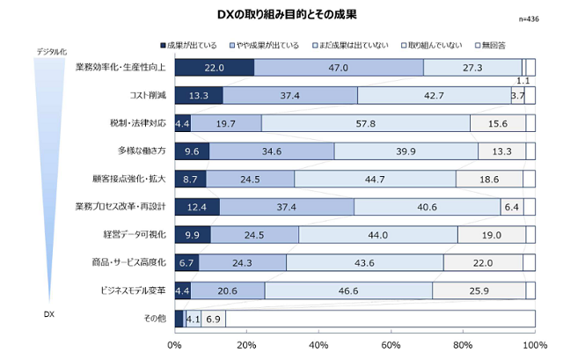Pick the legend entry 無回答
click(493, 44)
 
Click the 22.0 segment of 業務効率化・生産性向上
click(215, 67)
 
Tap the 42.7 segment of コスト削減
click(435, 95)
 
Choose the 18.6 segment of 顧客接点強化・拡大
click(489, 180)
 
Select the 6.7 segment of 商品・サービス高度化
click(186, 263)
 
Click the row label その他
click(145, 319)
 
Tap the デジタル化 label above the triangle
click(51, 52)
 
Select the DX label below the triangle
click(50, 313)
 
